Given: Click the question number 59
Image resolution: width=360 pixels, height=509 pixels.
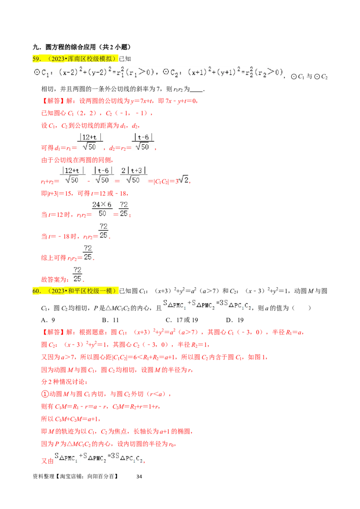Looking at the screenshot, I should [36, 58].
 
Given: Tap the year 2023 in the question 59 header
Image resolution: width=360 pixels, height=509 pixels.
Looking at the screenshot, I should [54, 58].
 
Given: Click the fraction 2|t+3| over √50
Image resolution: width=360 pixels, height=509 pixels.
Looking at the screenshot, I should [135, 175].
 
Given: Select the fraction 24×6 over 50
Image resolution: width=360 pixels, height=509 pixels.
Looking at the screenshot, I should [102, 209].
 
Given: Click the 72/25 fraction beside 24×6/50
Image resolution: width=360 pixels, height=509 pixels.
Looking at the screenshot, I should [124, 209].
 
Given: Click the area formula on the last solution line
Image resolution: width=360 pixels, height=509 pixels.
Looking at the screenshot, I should [99, 458].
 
